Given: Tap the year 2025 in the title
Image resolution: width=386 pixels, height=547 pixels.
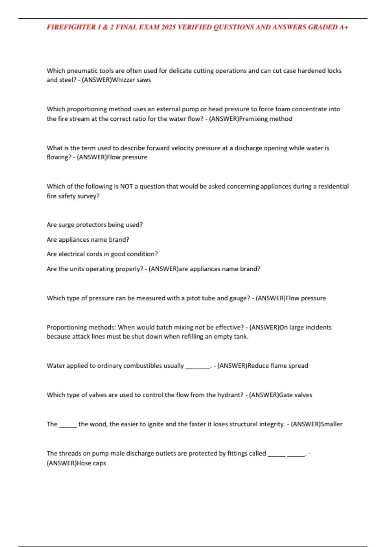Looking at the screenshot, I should coord(168,27).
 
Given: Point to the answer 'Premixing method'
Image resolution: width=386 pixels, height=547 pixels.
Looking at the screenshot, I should coord(266,119).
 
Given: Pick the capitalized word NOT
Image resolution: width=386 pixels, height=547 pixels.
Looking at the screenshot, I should coord(126,186).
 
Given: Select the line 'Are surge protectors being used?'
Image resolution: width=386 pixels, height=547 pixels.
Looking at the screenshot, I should coord(95,225).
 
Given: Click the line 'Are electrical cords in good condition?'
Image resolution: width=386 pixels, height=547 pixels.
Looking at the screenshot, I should coord(102,254).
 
